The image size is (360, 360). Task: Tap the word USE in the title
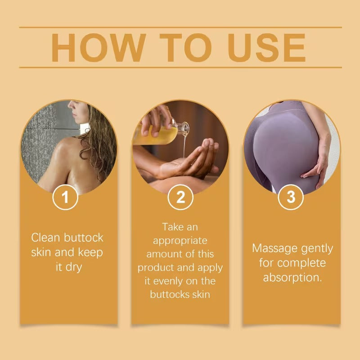click(267, 47)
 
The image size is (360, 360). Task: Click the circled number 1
click(66, 197)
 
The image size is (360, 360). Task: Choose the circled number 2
click(180, 197)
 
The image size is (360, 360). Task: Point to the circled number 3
click(291, 197)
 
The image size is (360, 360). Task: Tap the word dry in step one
click(73, 267)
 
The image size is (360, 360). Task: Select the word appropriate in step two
click(180, 241)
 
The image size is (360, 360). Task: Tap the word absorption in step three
click(292, 277)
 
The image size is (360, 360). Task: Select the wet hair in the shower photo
click(101, 144)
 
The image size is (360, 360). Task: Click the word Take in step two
click(173, 227)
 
